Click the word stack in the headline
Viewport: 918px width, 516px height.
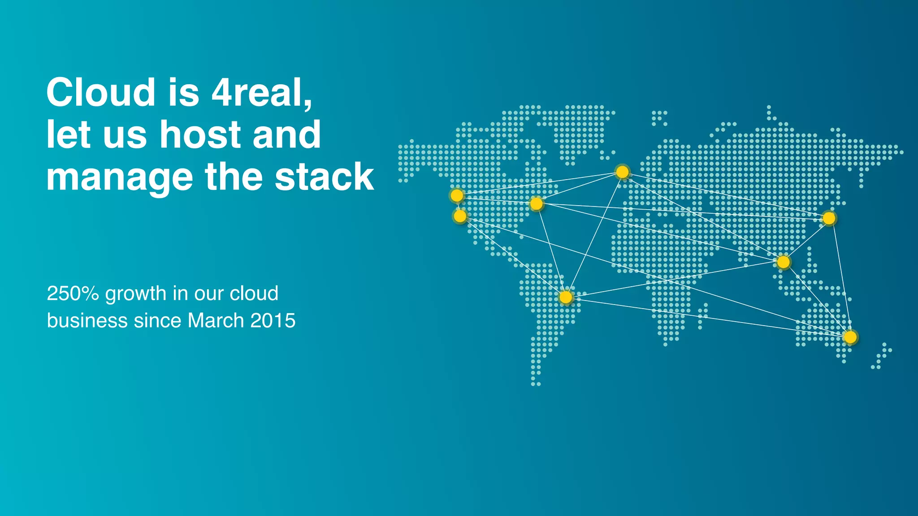click(x=324, y=176)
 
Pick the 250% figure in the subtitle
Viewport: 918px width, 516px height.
click(x=73, y=293)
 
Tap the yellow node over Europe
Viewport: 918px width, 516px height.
click(x=622, y=172)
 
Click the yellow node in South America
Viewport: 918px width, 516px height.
click(x=566, y=297)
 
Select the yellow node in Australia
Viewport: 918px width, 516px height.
click(x=850, y=337)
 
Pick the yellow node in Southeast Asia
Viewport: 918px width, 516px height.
click(x=783, y=262)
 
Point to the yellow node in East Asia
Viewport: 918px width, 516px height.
click(x=829, y=218)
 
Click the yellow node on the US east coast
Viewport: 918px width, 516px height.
click(x=536, y=204)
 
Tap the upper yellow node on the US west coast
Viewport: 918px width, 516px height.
click(x=457, y=195)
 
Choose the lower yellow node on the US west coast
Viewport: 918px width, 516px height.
click(x=460, y=216)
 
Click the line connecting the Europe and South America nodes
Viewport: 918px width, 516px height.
click(x=594, y=234)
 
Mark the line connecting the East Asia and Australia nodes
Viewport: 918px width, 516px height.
click(x=840, y=278)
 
